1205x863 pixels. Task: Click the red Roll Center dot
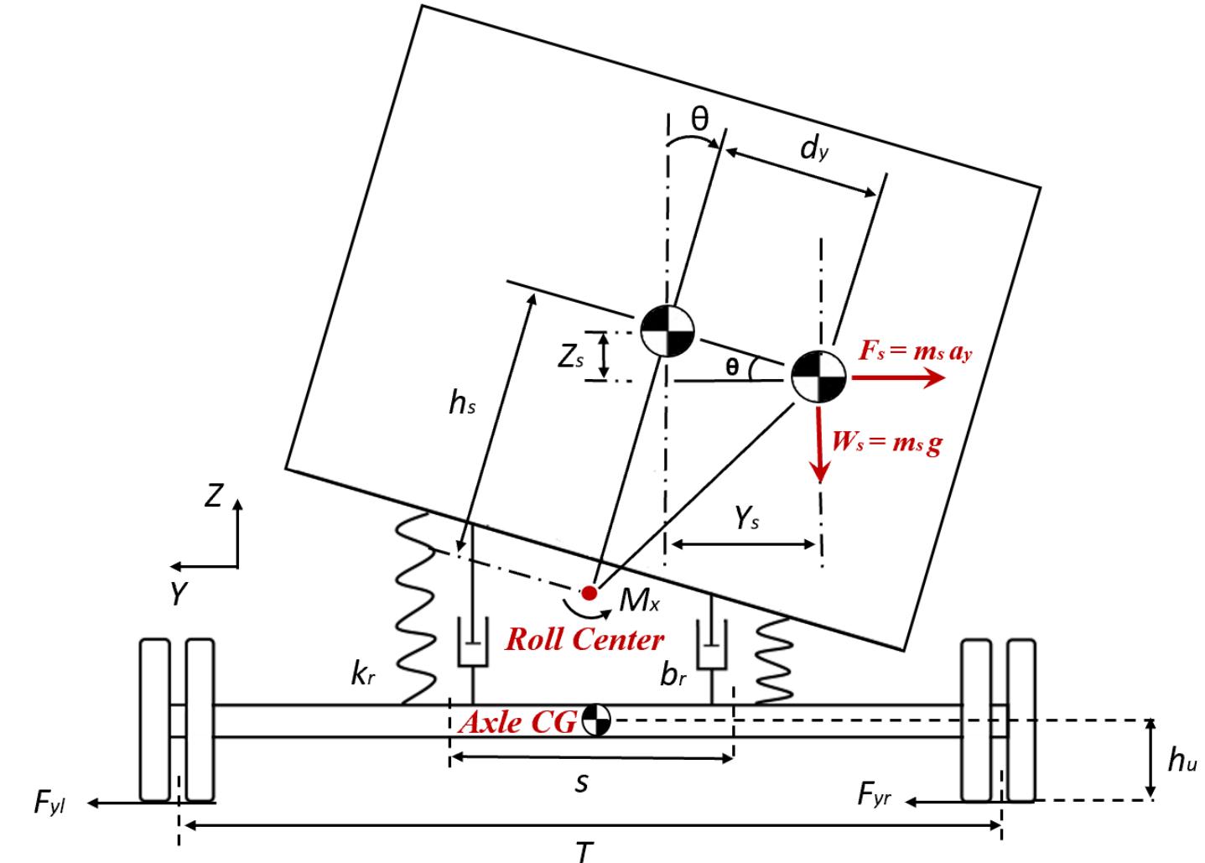[x=590, y=593]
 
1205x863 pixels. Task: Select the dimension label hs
[x=462, y=403]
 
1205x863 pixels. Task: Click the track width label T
[x=585, y=850]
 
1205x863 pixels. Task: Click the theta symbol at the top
[x=699, y=119]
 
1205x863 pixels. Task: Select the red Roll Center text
[x=584, y=640]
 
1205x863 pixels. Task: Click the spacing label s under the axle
[x=582, y=784]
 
